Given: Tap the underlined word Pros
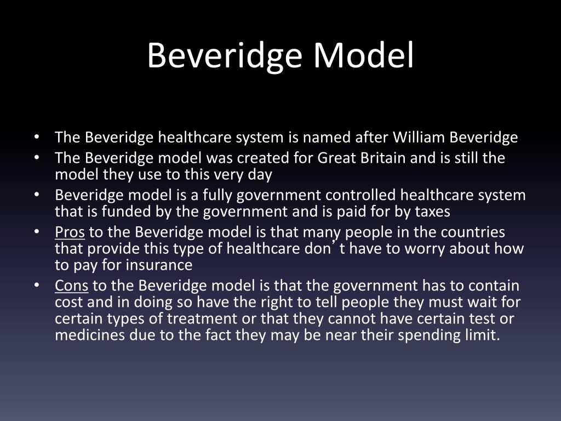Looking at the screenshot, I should [70, 232].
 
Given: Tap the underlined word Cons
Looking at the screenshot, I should [71, 286].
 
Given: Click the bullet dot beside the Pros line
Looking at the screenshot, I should [36, 232].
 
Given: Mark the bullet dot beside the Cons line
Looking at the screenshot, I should [36, 286].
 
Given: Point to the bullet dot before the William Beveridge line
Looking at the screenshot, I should [36, 137].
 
